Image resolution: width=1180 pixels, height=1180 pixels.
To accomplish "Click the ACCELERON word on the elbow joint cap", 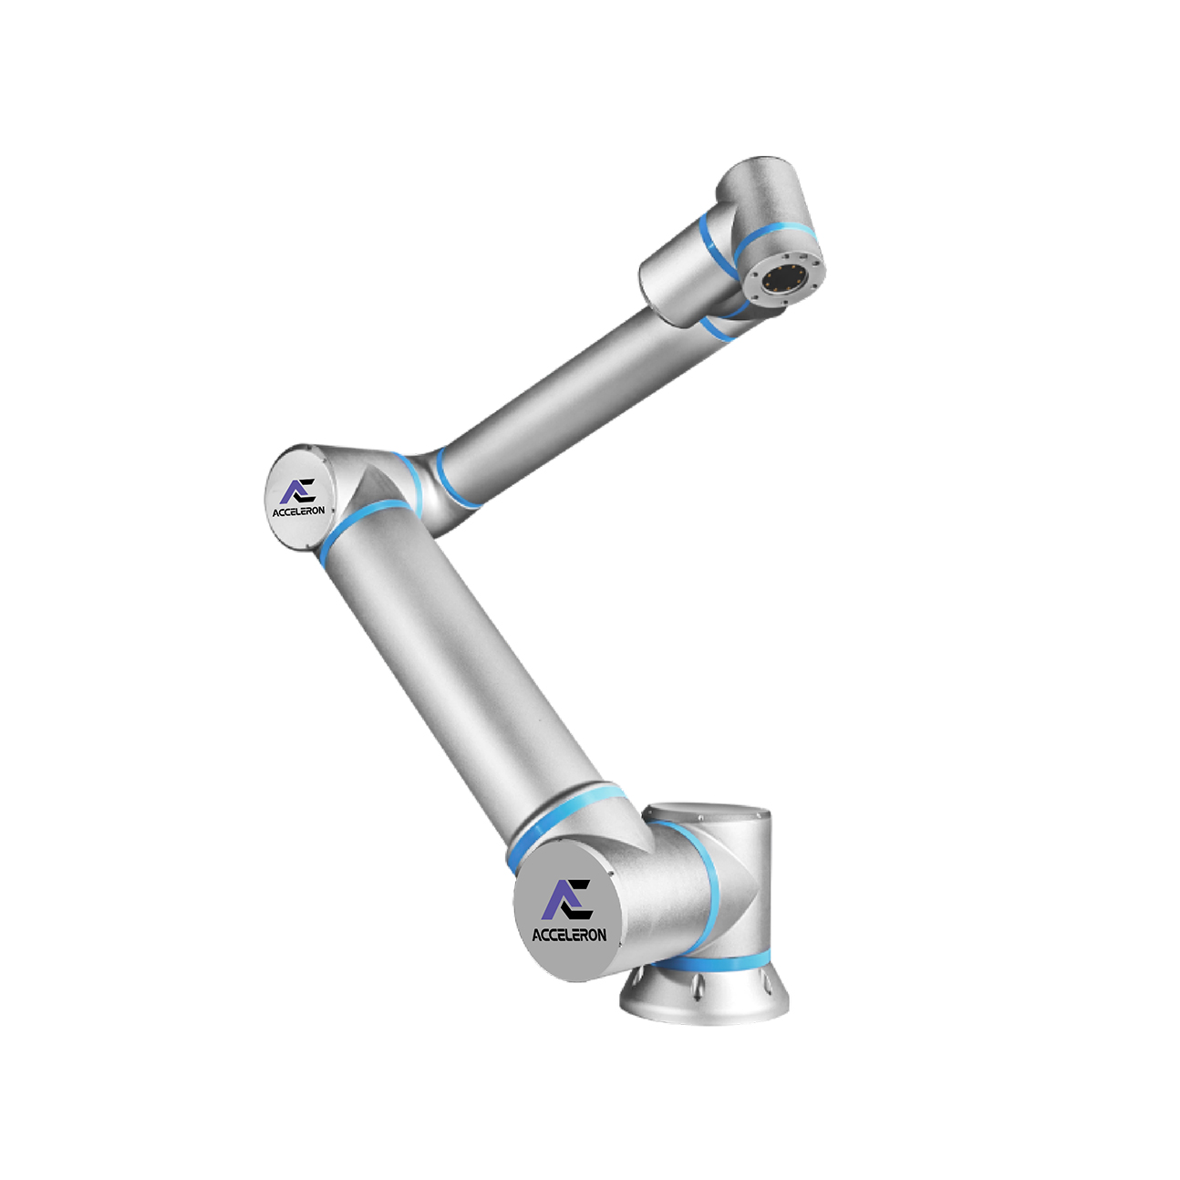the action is [x=299, y=511].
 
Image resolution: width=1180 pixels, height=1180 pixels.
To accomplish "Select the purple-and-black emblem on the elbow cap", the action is [x=300, y=491].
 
